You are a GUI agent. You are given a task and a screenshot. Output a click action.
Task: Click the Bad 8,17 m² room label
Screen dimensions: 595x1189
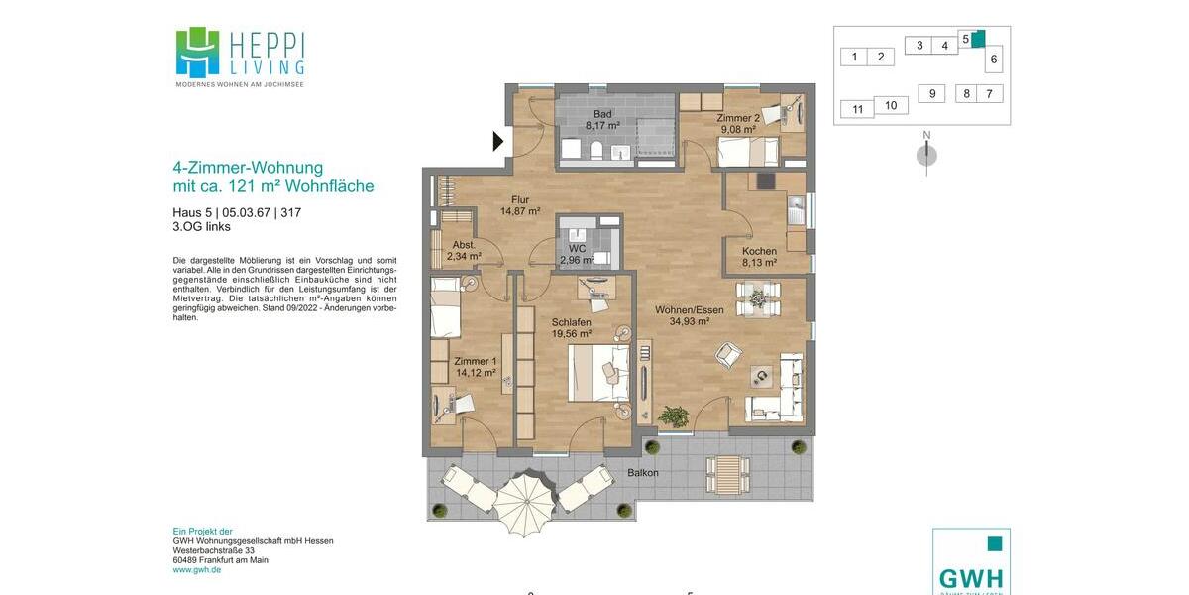click(602, 120)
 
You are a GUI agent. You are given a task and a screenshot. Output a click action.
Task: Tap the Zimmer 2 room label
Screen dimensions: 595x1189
click(738, 123)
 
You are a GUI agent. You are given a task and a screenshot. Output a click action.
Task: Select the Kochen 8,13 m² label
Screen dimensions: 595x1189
click(759, 257)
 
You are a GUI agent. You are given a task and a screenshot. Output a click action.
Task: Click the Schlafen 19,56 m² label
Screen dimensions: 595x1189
click(572, 328)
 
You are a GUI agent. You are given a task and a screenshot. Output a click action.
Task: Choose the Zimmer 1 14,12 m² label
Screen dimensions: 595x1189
click(475, 367)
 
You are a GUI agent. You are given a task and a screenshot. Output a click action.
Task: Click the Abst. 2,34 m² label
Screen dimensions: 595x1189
click(464, 250)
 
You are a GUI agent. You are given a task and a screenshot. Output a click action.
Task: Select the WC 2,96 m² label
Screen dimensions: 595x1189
click(578, 255)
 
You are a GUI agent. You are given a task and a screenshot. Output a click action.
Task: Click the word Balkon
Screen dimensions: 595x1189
click(642, 473)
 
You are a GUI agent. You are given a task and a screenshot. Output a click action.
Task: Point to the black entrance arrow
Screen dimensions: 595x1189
click(498, 142)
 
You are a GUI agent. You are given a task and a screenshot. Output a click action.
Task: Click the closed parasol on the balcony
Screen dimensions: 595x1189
click(525, 498)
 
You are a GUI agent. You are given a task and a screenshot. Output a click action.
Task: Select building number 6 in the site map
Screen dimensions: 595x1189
click(994, 59)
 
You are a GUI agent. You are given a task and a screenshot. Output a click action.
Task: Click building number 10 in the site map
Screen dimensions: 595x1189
click(890, 105)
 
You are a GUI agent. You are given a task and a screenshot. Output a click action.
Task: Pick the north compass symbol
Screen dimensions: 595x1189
click(926, 154)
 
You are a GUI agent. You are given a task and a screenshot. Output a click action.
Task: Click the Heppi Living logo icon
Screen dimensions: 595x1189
click(197, 52)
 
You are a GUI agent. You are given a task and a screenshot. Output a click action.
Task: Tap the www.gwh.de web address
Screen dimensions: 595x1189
click(196, 570)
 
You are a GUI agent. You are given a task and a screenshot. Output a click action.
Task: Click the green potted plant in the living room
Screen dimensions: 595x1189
click(675, 416)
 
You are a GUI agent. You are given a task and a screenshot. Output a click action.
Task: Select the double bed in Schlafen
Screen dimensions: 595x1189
click(599, 372)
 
